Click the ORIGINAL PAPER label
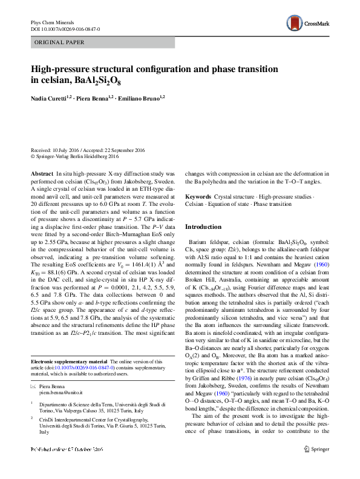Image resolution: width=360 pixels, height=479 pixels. (x=59, y=42)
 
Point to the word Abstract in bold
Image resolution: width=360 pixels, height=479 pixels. (x=42, y=173)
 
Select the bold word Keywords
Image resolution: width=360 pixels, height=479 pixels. (x=198, y=197)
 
